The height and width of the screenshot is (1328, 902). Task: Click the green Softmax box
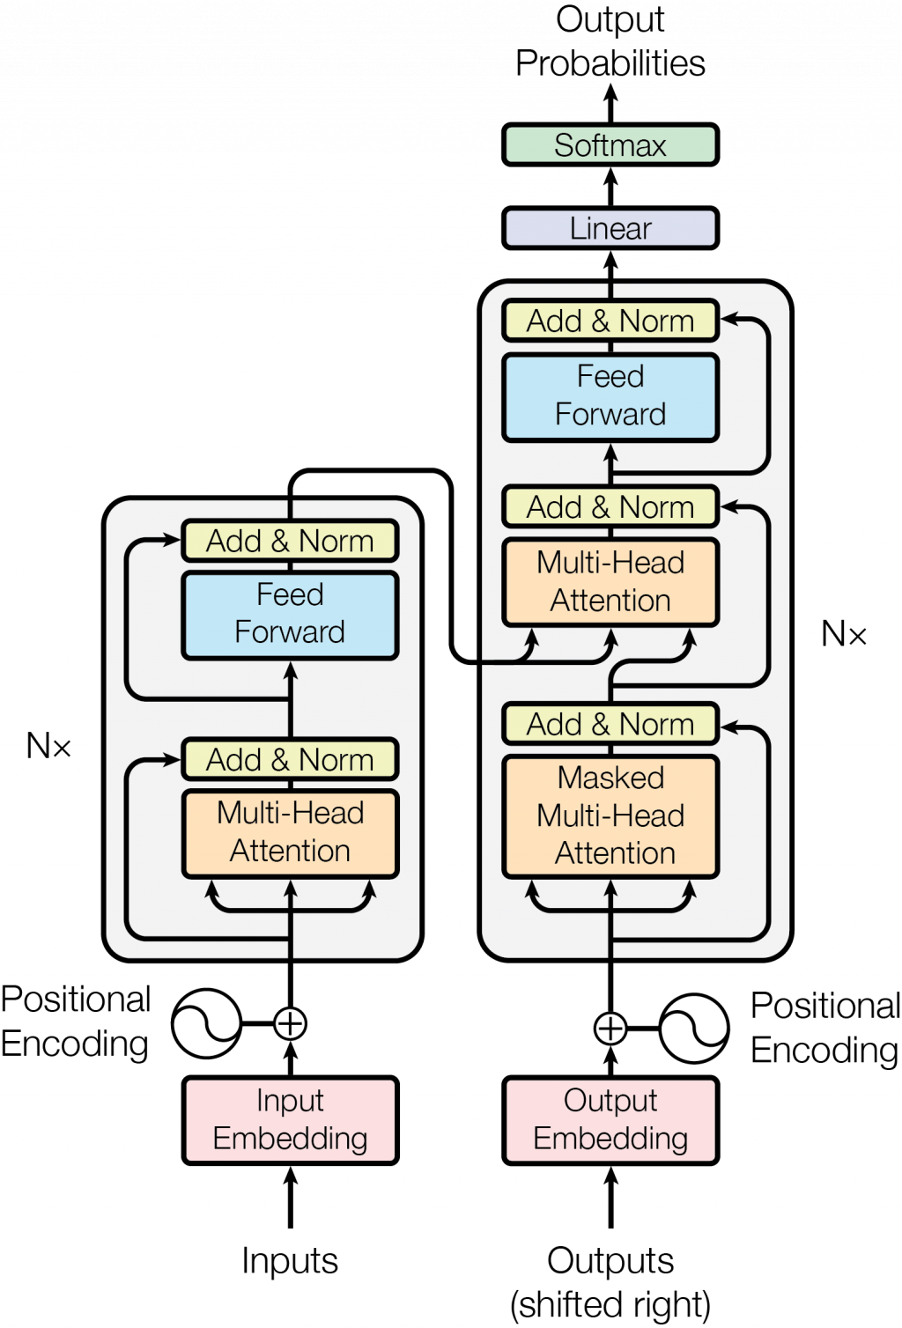point(610,145)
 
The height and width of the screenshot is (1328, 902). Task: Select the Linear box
point(610,228)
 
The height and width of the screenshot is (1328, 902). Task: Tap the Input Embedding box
point(290,1119)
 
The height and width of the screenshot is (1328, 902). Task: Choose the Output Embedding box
point(610,1119)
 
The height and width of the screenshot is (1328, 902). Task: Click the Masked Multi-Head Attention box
point(610,815)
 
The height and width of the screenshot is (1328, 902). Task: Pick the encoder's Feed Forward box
point(290,614)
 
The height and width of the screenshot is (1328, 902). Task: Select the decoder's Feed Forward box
point(610,396)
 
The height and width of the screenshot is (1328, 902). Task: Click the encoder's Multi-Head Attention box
point(290,832)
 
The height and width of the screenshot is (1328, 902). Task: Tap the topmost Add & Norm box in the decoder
point(610,321)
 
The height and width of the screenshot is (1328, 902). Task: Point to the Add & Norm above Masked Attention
point(610,724)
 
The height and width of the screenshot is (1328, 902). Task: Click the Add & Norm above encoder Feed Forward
point(290,540)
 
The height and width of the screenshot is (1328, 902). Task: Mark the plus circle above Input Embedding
point(290,1023)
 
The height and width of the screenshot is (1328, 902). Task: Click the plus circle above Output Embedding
point(610,1028)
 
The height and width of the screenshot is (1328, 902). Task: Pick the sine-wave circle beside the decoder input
point(693,1028)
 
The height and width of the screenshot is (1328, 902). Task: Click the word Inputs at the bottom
point(290,1260)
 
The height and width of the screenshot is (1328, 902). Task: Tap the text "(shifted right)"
point(610,1305)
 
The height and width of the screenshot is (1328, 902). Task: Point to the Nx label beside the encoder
point(48,746)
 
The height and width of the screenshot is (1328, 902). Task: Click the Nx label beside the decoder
point(844,633)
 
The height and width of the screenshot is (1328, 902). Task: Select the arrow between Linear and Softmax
point(610,187)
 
